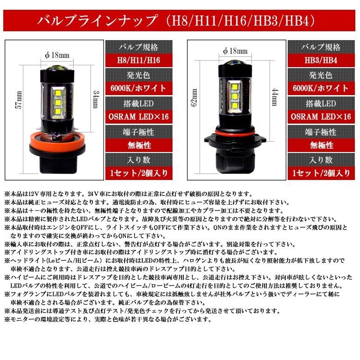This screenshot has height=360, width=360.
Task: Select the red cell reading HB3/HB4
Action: click(322, 61)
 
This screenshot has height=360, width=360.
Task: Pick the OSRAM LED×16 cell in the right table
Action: click(322, 117)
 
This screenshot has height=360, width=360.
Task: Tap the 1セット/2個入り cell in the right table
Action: click(322, 173)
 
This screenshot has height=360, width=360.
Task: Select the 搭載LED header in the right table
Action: click(322, 103)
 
